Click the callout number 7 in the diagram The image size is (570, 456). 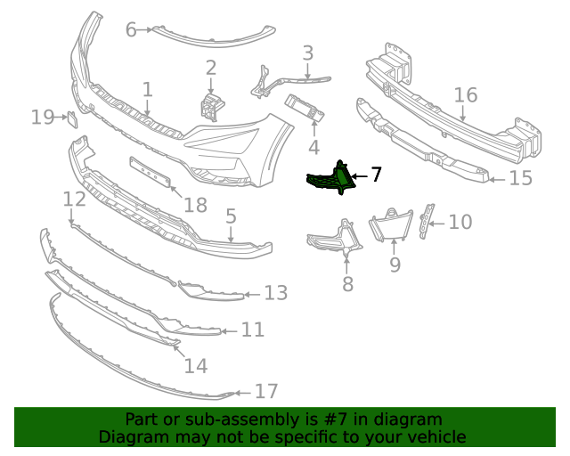(x=376, y=175)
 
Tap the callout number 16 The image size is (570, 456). (x=466, y=95)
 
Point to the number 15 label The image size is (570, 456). (x=520, y=178)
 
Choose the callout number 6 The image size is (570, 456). (x=131, y=30)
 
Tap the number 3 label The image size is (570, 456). (x=307, y=53)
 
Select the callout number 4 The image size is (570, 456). (x=313, y=146)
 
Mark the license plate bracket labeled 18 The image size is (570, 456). (x=151, y=172)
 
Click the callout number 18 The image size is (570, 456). (x=195, y=206)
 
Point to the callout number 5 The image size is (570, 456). (x=231, y=216)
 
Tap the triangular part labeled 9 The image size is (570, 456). (x=390, y=225)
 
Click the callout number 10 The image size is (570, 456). (x=460, y=221)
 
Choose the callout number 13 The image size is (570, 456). (x=276, y=292)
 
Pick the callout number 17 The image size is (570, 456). (x=266, y=391)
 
